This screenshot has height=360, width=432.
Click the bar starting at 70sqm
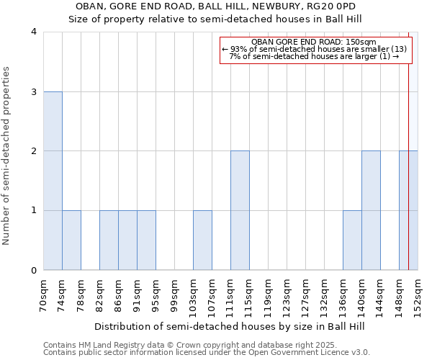(x=53, y=181)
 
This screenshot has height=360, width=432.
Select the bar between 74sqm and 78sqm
(x=71, y=240)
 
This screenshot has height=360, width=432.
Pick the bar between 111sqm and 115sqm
(x=240, y=210)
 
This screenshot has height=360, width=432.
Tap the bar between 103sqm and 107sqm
(x=202, y=240)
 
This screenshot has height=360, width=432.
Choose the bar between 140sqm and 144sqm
(x=371, y=210)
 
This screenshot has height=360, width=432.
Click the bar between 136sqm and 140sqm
(x=352, y=240)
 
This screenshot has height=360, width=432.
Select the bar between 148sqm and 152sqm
(x=408, y=210)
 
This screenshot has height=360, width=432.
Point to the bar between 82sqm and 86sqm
(x=109, y=240)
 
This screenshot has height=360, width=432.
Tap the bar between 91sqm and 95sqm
(x=146, y=240)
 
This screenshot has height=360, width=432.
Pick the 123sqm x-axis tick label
(x=287, y=293)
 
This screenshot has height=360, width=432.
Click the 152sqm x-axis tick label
(x=418, y=293)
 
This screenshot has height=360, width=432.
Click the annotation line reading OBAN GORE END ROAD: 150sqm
(x=315, y=42)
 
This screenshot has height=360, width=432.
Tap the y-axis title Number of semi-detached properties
(x=8, y=156)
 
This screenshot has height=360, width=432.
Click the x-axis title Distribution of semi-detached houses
(x=230, y=326)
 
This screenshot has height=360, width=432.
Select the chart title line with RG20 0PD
(x=215, y=6)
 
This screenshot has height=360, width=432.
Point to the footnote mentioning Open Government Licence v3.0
(x=207, y=353)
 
